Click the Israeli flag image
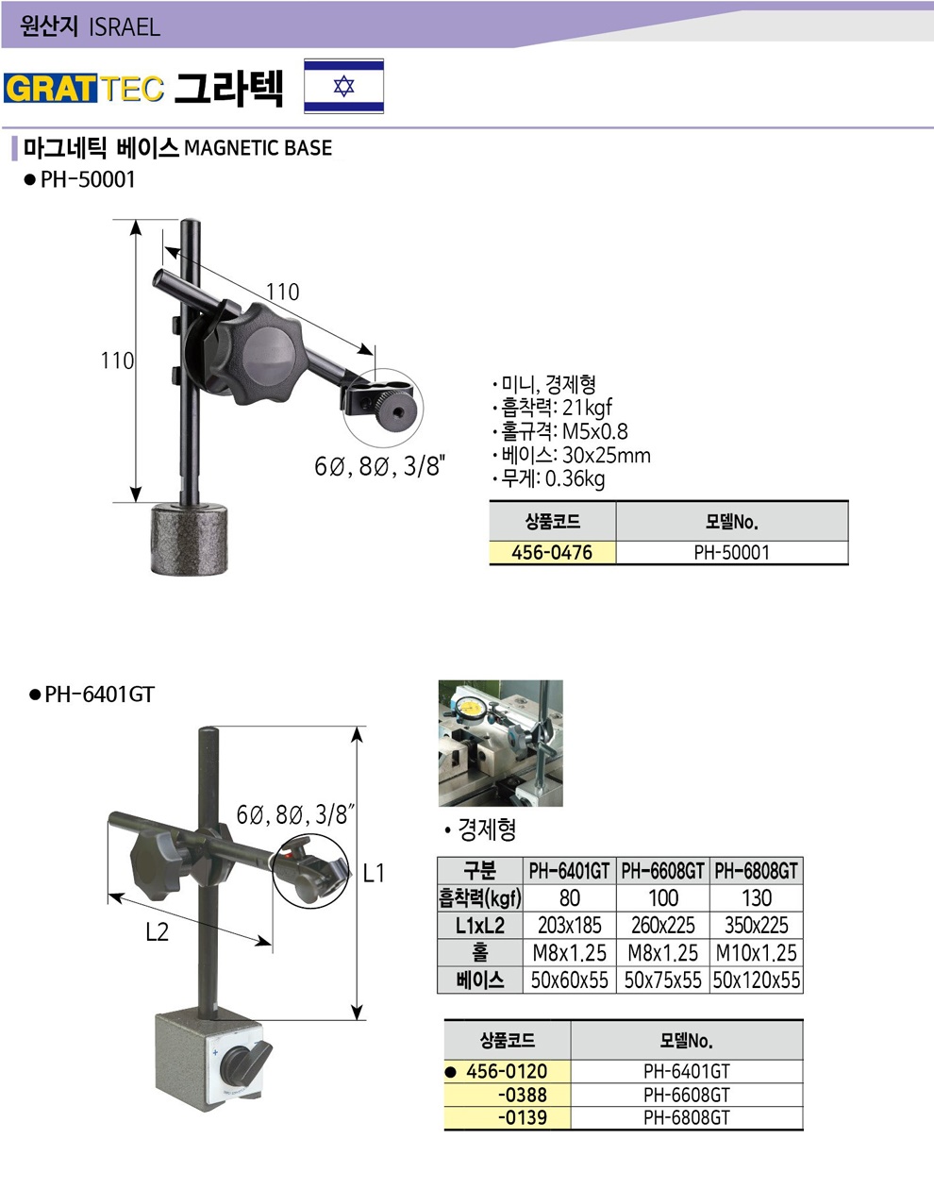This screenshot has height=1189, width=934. pos(343,86)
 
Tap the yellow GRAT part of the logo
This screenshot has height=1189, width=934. pos(50,88)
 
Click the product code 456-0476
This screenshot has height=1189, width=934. pos(552,552)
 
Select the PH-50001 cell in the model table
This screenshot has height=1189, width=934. pos(732,552)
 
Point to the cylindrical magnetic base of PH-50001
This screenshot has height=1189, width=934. pos(190,539)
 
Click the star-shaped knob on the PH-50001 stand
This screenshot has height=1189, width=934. pos(257,352)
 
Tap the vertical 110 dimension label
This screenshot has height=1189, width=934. pos(117,360)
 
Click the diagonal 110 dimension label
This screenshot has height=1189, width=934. pos(283,292)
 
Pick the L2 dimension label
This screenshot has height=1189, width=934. pos(158,931)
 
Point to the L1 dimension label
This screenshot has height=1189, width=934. pos(374,873)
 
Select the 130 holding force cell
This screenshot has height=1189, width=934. pos(757,898)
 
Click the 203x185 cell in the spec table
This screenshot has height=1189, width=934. pos(569,926)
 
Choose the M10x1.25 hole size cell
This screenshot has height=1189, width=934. pos(757,953)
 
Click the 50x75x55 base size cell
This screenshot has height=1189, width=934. pos(663,980)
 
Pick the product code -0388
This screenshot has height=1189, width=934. pos(523,1095)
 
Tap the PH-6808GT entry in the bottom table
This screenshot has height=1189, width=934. pos(687,1116)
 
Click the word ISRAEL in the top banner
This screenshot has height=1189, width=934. pos(125,26)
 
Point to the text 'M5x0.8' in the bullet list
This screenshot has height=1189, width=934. pos(595,431)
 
